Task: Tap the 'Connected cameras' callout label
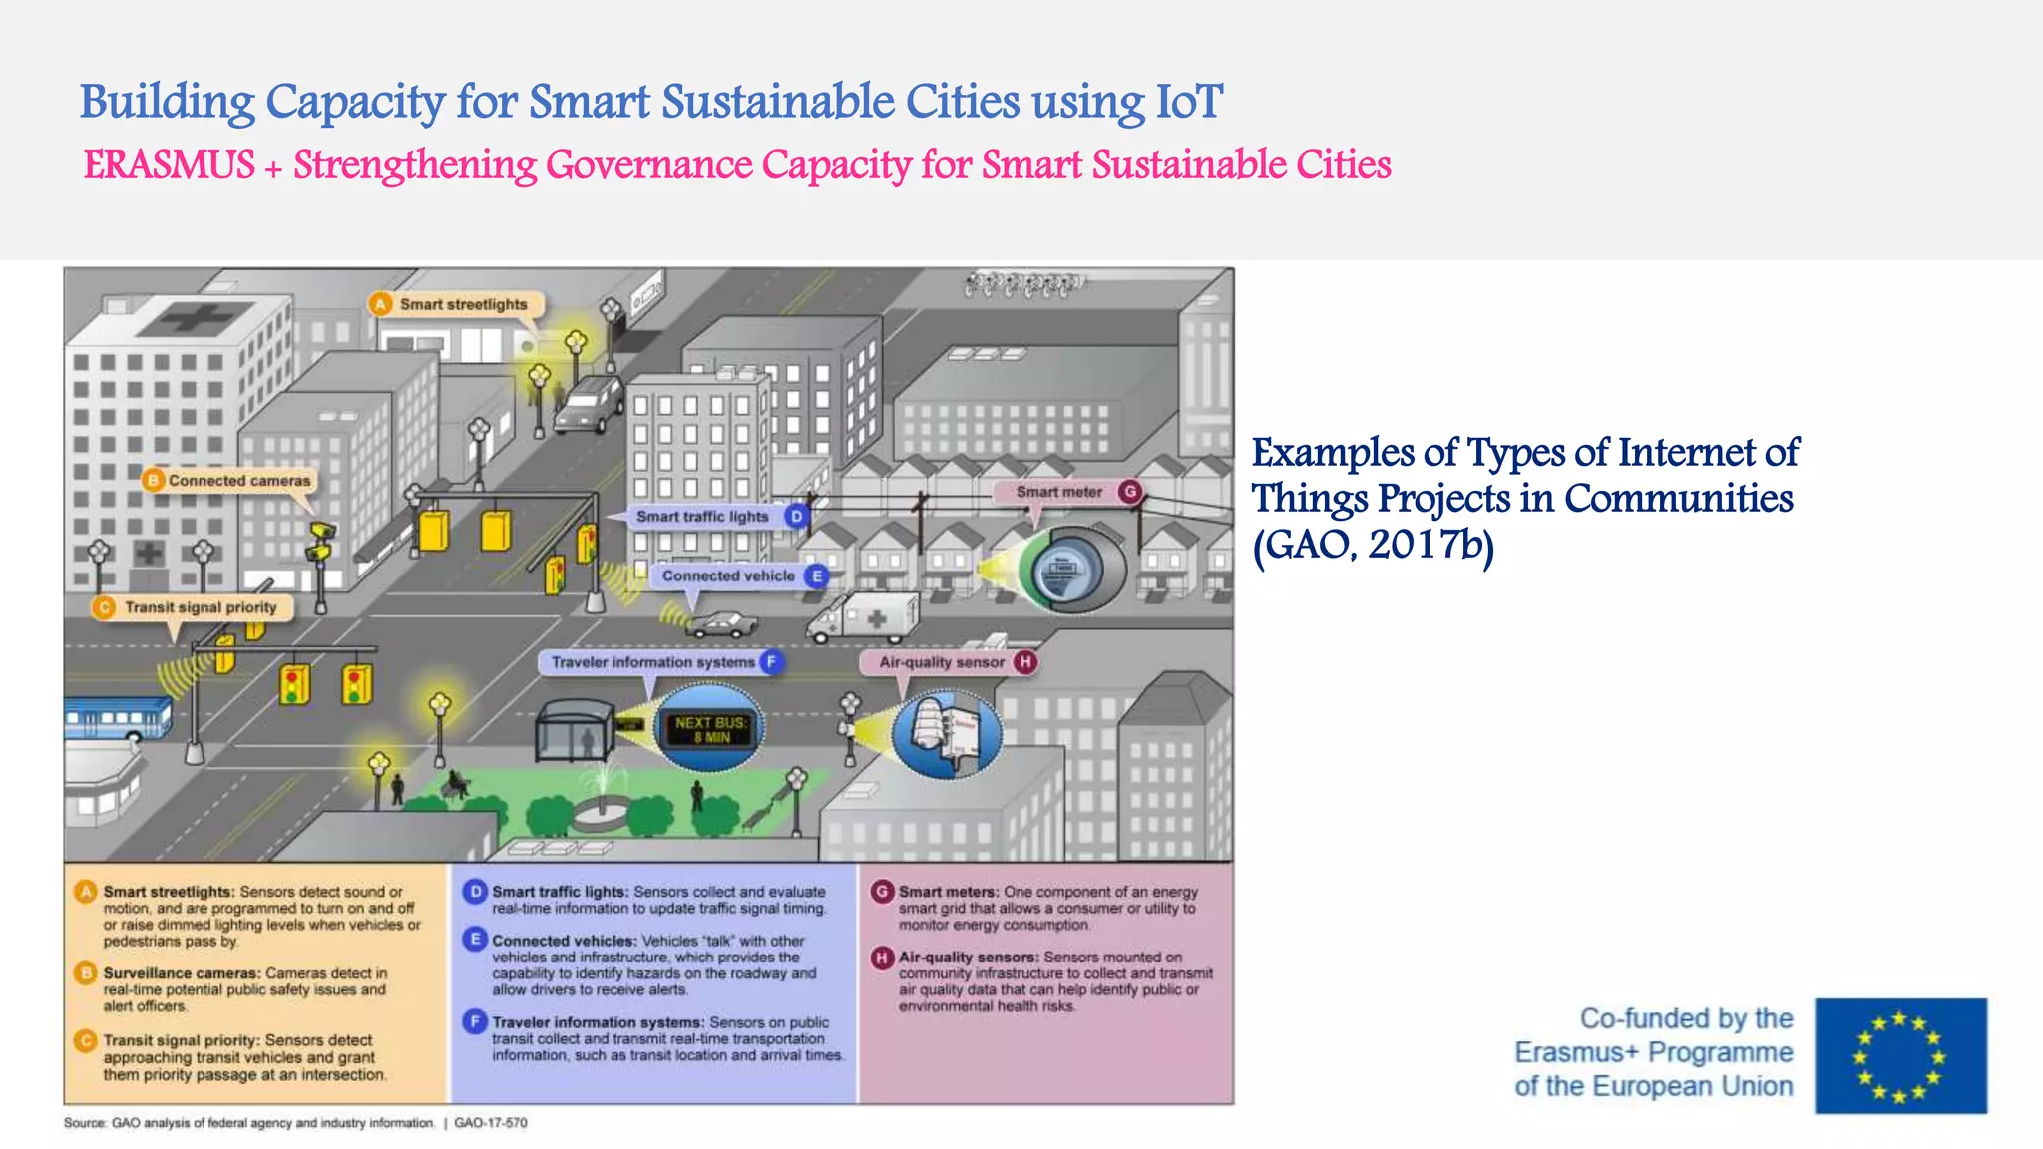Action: (x=238, y=481)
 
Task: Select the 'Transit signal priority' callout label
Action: (x=200, y=607)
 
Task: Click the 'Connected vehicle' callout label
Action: (x=728, y=576)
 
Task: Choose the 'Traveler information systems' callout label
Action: (x=652, y=662)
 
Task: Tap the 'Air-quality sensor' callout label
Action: (x=941, y=662)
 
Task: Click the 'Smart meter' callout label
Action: (x=1058, y=492)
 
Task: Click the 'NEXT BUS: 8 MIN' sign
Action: (x=710, y=729)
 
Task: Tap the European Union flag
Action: (x=1900, y=1055)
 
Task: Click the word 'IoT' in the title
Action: (x=1188, y=102)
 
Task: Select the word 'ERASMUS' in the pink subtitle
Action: (x=169, y=165)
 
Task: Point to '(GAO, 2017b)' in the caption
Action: (x=1373, y=545)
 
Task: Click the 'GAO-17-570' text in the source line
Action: (x=491, y=1123)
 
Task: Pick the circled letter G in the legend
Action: (x=882, y=892)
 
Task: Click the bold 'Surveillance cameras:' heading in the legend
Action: (x=182, y=973)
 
